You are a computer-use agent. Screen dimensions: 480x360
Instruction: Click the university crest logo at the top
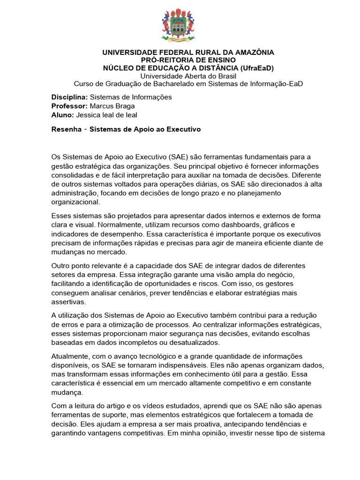180,25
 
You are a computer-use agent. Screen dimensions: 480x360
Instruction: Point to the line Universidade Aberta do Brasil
188,75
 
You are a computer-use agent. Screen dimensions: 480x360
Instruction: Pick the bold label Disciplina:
69,97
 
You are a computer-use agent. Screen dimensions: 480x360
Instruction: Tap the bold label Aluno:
62,115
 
